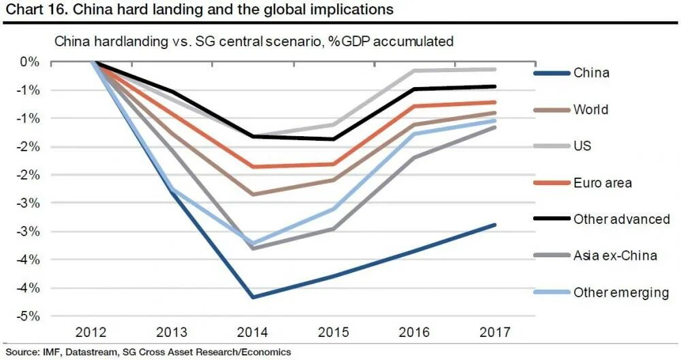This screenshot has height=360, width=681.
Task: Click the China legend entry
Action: point(591,73)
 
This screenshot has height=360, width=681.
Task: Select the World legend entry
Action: point(590,110)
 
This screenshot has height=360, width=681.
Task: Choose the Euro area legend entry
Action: point(602,183)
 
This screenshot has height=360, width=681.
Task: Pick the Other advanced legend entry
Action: point(621,219)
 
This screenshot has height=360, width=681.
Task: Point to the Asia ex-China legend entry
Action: point(615,256)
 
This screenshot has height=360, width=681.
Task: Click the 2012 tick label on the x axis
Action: point(91,332)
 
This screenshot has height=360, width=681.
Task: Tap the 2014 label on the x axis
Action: point(253,332)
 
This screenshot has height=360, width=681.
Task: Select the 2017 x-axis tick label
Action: point(495,332)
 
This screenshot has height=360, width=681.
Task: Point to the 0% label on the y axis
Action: point(30,62)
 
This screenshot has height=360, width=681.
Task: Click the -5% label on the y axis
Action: point(28,316)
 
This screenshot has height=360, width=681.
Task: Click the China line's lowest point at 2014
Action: point(253,297)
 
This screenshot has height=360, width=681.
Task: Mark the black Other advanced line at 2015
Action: point(334,139)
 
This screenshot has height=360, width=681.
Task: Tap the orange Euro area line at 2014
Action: point(253,167)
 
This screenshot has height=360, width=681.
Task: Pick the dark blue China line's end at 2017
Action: point(495,225)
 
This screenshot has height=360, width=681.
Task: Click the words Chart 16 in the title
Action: point(29,10)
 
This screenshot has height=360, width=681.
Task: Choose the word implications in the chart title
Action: point(351,10)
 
